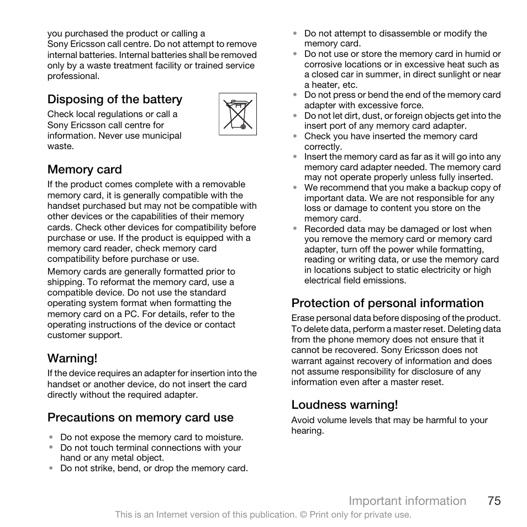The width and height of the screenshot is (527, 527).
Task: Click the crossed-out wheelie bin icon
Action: point(238,114)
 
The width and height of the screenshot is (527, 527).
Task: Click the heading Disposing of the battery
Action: point(114,99)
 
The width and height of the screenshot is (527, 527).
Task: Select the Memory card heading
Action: point(85,170)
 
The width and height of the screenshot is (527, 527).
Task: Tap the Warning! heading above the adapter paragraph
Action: point(72,358)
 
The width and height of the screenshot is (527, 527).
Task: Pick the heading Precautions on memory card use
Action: point(140,418)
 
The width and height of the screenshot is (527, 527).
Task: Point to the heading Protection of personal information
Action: point(387,303)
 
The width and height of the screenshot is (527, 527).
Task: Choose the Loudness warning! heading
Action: point(344,405)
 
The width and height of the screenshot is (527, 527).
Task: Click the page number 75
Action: point(494,500)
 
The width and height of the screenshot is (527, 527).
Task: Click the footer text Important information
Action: point(407,500)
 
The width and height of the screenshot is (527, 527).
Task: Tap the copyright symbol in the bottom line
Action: point(303,515)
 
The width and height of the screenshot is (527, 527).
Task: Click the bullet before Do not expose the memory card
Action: point(51,437)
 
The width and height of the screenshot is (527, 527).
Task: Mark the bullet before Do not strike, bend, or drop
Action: point(51,468)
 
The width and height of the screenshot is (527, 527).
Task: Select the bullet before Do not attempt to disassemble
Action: point(295,34)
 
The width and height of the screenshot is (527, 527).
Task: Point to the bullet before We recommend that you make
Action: point(295,188)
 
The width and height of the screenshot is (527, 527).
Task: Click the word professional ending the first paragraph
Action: point(72,76)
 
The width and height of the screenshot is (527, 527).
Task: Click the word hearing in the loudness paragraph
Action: point(307,431)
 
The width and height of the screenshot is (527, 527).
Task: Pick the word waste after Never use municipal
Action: point(60,146)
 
